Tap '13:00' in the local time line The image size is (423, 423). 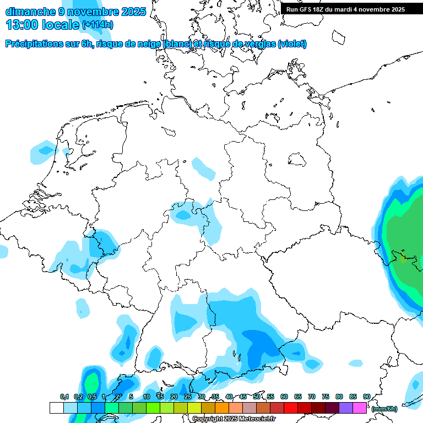coord(23,25)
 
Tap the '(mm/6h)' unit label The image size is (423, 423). coord(384,409)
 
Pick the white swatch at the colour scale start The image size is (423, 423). coord(56,408)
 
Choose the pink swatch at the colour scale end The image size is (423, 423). coord(360,408)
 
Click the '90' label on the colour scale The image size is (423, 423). coord(367,397)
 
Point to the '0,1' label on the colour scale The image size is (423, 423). coord(64,397)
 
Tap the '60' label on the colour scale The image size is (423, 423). coord(284,397)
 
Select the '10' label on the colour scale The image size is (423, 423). coord(147,397)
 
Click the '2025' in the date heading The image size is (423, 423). coord(132,11)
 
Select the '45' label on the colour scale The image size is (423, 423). coord(243,397)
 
